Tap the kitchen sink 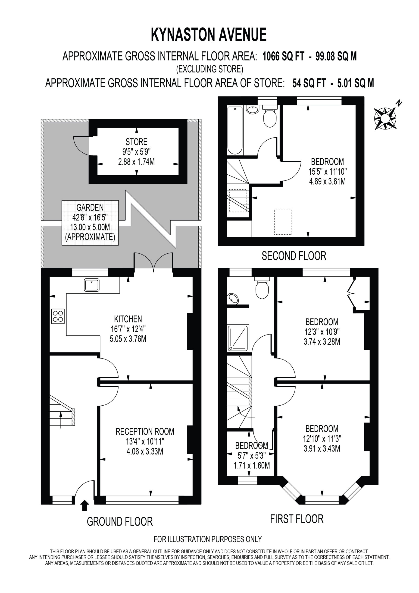pos(92,285)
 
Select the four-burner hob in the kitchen pos(58,316)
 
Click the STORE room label pos(136,142)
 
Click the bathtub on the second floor pos(235,130)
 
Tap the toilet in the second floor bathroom pos(270,116)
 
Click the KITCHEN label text pos(128,319)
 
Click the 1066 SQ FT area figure pos(284,56)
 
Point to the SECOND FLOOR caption pos(294,256)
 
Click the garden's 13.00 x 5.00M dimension pos(90,227)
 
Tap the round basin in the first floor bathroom pos(233,299)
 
